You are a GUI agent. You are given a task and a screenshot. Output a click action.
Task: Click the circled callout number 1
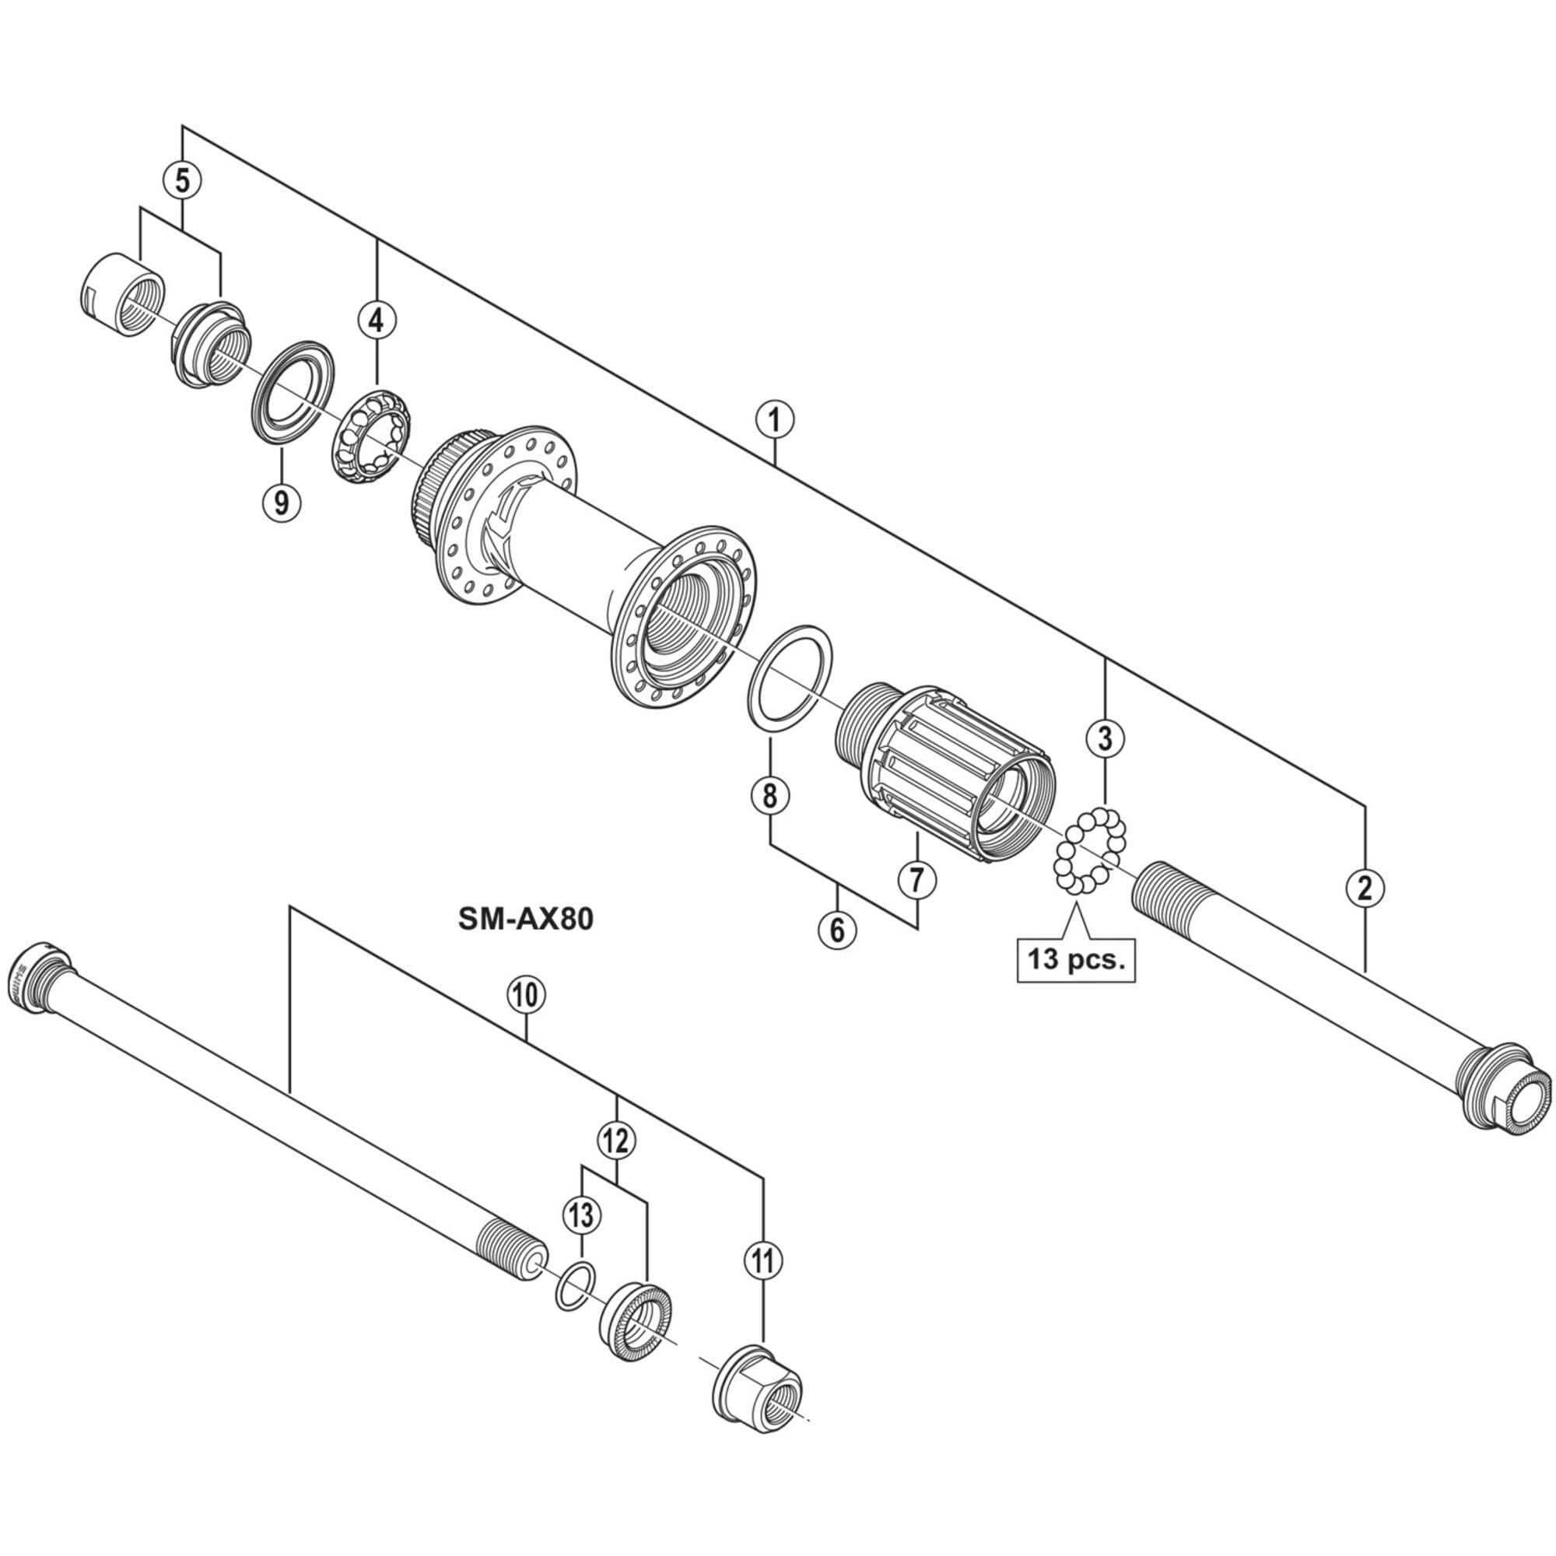point(775,419)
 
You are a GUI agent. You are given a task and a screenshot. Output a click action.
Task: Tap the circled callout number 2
point(1365,888)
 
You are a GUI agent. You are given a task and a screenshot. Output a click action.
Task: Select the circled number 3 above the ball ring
point(1105,736)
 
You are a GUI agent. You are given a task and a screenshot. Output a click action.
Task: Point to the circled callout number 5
point(183,181)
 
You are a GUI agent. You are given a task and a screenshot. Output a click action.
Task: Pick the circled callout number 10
point(526,996)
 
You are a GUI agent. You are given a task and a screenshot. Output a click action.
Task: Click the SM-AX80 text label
point(526,919)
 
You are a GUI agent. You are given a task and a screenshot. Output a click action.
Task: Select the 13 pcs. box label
point(1076,960)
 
